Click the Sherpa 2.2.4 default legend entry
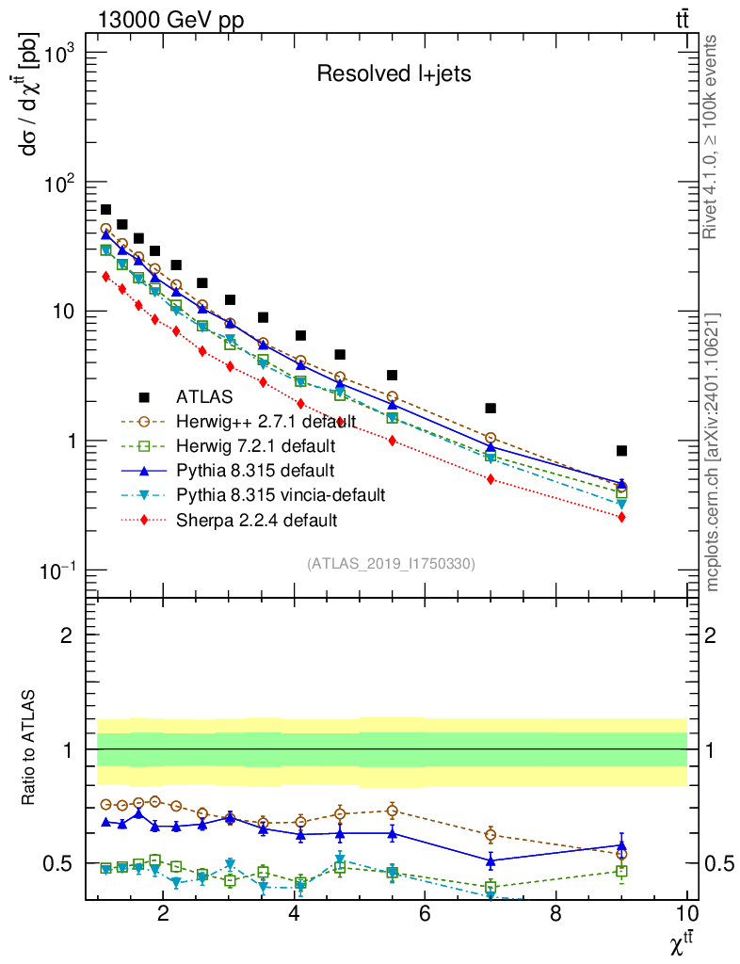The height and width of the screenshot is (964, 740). point(256,520)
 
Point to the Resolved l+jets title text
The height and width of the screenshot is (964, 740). point(393,74)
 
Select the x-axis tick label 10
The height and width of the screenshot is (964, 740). point(686,913)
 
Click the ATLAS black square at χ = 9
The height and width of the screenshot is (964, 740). point(621,451)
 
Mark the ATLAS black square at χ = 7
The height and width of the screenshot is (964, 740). point(491,409)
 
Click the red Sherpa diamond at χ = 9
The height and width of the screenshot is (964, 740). point(621,517)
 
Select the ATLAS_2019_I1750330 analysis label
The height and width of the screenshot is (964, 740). point(391,564)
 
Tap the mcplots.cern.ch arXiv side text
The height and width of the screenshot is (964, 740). point(713,452)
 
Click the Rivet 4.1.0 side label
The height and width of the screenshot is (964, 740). point(713,137)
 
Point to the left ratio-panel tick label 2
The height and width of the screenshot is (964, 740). point(66,635)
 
